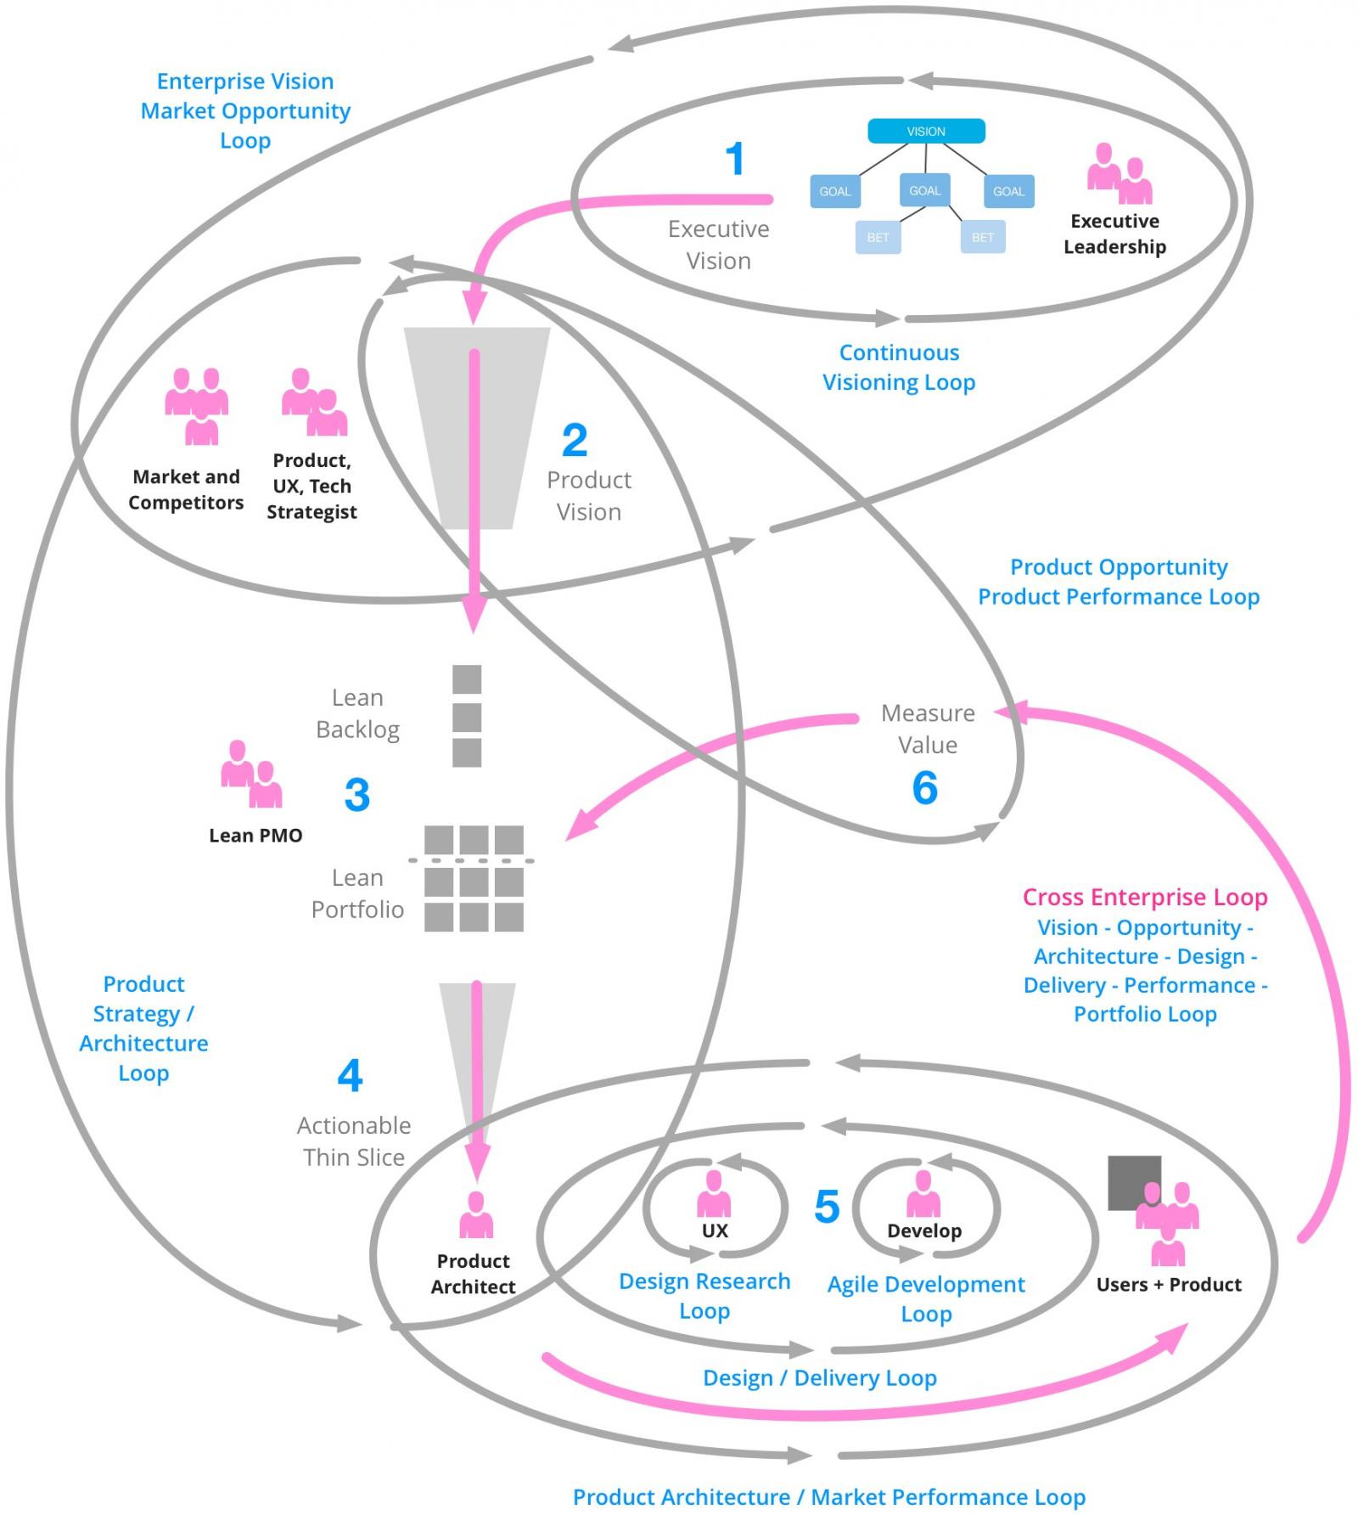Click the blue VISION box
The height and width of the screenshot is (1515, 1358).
pyautogui.click(x=925, y=131)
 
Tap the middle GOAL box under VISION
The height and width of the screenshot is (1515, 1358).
pyautogui.click(x=924, y=191)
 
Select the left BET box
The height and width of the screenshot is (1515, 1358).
pyautogui.click(x=878, y=237)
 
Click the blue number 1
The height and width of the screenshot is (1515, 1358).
pyautogui.click(x=735, y=160)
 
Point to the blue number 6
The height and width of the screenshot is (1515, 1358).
pyautogui.click(x=924, y=788)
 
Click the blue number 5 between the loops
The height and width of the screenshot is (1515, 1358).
pyautogui.click(x=826, y=1207)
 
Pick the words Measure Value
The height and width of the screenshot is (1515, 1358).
pyautogui.click(x=928, y=729)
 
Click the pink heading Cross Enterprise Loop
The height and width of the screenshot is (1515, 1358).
pyautogui.click(x=1144, y=897)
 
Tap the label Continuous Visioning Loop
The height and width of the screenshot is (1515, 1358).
pyautogui.click(x=899, y=367)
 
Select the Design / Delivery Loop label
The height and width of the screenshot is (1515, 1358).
pyautogui.click(x=819, y=1377)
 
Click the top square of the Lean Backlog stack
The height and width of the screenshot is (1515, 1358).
pyautogui.click(x=467, y=679)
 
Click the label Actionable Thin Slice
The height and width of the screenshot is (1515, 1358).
pyautogui.click(x=354, y=1140)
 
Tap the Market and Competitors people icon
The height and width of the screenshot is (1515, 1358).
pyautogui.click(x=196, y=406)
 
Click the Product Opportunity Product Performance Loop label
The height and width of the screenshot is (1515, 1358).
pyautogui.click(x=1118, y=582)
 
